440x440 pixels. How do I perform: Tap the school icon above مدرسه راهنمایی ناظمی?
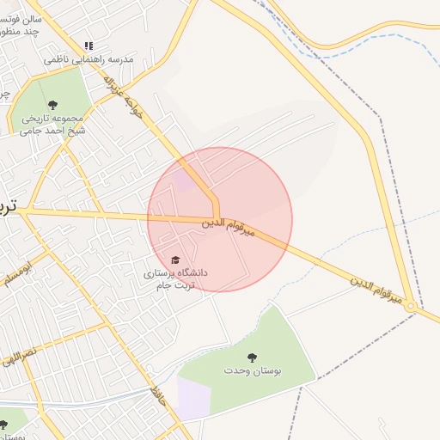89,46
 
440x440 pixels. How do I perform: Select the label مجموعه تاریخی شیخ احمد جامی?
53,124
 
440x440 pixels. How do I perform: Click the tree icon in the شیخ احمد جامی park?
53,105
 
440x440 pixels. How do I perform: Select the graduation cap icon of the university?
175,260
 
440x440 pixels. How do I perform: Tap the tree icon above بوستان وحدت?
252,357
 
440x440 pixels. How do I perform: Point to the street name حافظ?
156,396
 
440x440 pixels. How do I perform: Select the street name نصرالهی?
19,353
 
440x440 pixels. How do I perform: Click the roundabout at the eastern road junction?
412,307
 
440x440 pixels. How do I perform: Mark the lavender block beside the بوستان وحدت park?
193,400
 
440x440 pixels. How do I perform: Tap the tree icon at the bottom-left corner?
3,425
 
